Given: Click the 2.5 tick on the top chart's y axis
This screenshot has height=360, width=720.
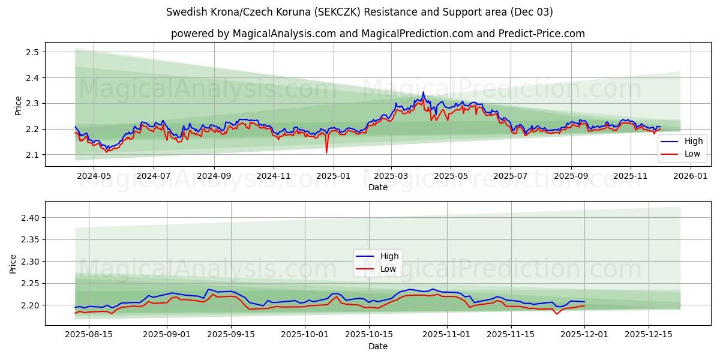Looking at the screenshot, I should (x=32, y=52).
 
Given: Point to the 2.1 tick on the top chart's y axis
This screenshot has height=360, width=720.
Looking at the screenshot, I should (x=32, y=155).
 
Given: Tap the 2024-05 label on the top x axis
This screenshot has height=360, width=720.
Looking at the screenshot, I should (x=94, y=176).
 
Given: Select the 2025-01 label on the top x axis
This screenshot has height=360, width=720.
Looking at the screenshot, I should (x=333, y=176).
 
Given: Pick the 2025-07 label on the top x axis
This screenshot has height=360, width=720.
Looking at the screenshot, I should (x=511, y=176).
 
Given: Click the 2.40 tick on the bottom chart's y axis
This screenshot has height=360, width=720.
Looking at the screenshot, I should (x=29, y=218).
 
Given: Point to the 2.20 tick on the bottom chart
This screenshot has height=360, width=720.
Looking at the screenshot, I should (x=29, y=305).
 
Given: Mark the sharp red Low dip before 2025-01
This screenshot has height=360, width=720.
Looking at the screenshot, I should (x=327, y=152).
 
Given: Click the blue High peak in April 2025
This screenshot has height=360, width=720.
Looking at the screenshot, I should (x=423, y=92).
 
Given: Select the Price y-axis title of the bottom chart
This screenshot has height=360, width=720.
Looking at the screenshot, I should (x=13, y=264).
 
